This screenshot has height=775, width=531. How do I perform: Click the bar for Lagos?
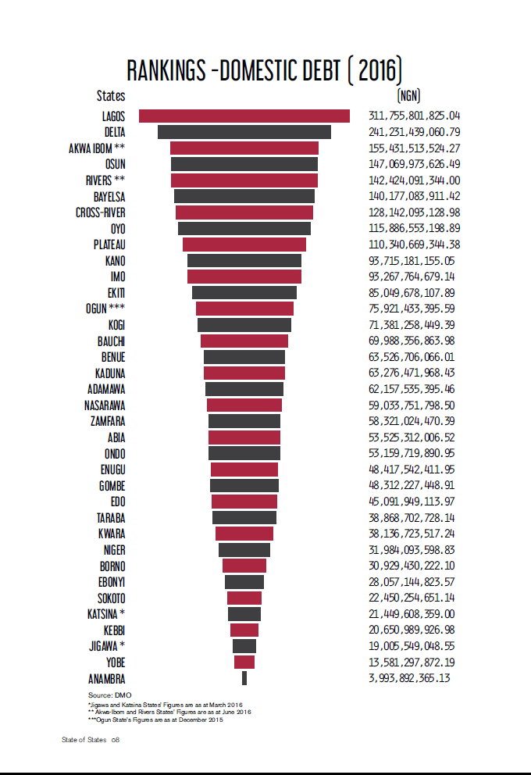[x=244, y=116]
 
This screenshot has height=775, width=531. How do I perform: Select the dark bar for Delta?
[x=244, y=132]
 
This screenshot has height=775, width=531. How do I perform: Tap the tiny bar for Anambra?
[x=244, y=678]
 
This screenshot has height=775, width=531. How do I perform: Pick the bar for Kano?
[x=244, y=260]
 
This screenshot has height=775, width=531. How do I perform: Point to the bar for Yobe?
[x=244, y=662]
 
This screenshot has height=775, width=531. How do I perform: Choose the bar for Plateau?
[x=244, y=245]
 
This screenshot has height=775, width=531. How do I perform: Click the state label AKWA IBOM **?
[x=98, y=148]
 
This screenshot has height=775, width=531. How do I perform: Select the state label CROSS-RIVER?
[x=101, y=212]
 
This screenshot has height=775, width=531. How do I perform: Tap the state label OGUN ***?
[x=105, y=309]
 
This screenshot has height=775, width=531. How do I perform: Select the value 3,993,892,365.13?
[x=410, y=678]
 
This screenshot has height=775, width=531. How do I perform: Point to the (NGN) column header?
[x=408, y=96]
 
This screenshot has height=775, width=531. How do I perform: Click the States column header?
[x=111, y=96]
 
